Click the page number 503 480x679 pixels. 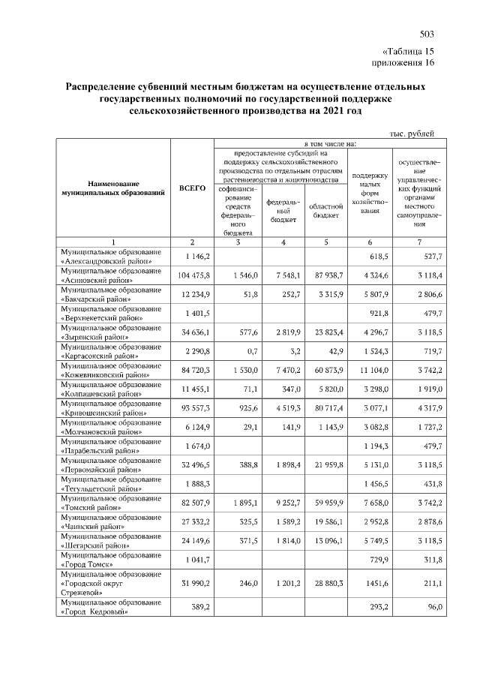coord(427,35)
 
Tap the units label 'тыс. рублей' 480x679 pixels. coord(412,133)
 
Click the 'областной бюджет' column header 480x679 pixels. coord(326,211)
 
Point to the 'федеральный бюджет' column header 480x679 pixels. coord(283,211)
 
